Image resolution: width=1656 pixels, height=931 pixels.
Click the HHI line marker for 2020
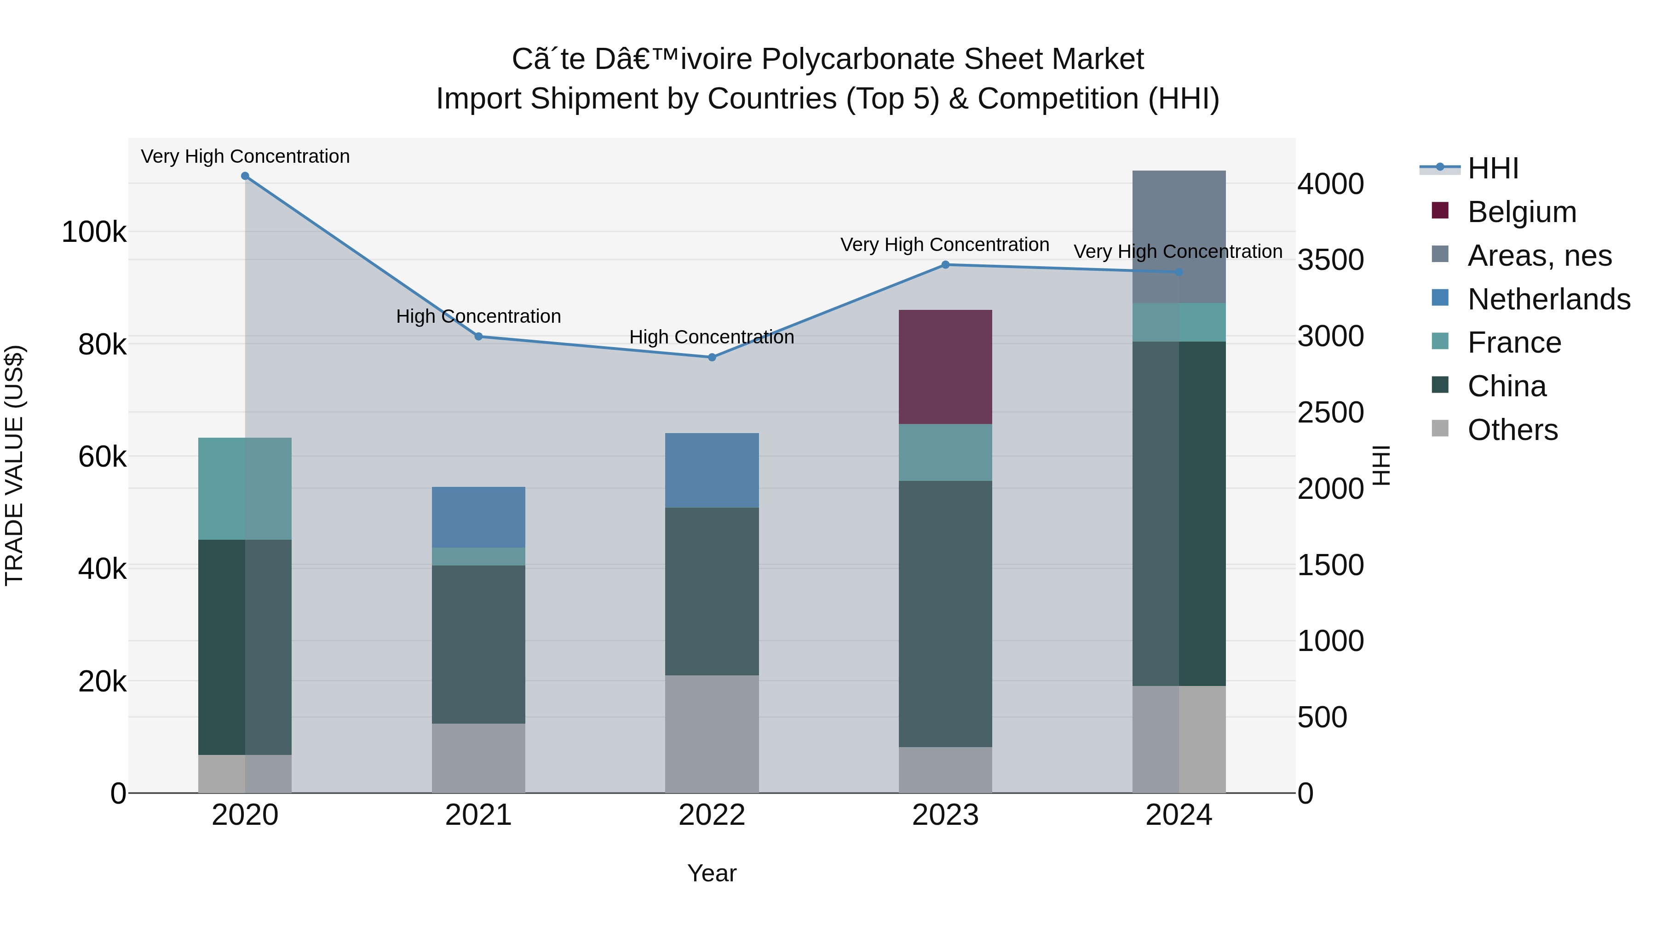[245, 176]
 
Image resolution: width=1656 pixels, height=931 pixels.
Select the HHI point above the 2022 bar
[712, 357]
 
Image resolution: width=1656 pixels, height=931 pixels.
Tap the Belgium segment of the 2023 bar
[945, 367]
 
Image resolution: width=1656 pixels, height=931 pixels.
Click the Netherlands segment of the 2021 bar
[478, 517]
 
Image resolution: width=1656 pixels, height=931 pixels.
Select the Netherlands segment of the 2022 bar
[712, 470]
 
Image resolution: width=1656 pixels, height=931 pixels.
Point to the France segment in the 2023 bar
[945, 452]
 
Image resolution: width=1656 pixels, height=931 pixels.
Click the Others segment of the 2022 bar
[712, 734]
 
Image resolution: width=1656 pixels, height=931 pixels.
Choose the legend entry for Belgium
[1522, 212]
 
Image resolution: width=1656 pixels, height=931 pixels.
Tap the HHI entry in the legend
[1493, 168]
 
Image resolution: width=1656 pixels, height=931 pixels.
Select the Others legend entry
[1512, 430]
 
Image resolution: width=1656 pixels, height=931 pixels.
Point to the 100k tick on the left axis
[94, 232]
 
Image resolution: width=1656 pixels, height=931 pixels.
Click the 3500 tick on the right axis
[1330, 260]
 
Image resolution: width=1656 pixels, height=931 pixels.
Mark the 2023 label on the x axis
[945, 815]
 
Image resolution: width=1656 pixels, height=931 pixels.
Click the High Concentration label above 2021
[478, 316]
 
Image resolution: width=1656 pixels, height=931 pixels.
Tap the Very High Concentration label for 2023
[944, 245]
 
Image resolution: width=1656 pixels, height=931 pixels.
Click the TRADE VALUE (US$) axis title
[14, 465]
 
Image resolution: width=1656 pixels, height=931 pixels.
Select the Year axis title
[712, 873]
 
